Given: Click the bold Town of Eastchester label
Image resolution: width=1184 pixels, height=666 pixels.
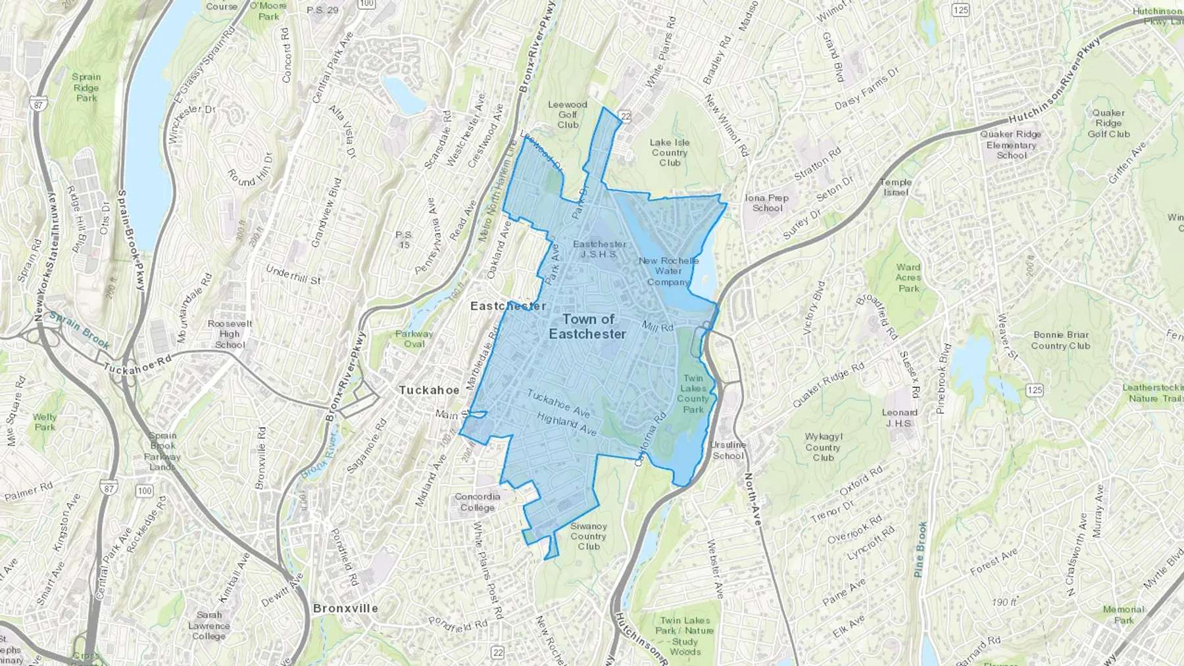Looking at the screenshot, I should point(588,327).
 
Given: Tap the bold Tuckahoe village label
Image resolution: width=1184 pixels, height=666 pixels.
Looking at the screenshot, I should point(429,390).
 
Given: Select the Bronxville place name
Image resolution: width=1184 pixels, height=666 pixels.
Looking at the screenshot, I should point(345,608).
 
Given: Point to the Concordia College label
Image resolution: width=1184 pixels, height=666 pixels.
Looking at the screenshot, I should point(478,502).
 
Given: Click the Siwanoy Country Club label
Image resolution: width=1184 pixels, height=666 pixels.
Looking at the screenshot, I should point(589,536).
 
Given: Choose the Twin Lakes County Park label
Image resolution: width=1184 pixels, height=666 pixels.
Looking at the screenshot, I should point(693,394).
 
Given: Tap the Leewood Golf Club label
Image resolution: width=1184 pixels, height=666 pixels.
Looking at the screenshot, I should point(568,114).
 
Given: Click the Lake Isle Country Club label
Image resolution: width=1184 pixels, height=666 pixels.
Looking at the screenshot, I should point(670,153).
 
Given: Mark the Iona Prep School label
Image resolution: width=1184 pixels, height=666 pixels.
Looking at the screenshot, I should point(767,202).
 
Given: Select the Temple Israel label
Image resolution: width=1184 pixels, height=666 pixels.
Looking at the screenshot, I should point(896,187).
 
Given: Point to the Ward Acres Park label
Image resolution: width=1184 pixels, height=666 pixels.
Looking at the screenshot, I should point(908,277).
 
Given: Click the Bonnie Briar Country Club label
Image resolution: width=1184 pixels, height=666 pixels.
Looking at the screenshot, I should point(1060,340).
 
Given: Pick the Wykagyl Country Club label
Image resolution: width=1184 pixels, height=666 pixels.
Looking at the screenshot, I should point(823,447).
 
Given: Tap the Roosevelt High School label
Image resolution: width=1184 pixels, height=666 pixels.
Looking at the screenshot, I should point(230,334).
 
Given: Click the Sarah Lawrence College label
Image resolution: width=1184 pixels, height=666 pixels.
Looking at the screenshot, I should point(209,625).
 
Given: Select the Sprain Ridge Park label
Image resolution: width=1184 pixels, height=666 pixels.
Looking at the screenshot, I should point(86,87).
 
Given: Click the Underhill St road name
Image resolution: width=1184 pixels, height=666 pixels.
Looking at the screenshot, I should point(293,274).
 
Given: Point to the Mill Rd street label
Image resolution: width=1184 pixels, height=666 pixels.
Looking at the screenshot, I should point(657,326).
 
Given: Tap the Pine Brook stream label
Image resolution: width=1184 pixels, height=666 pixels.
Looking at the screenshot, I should point(920,550).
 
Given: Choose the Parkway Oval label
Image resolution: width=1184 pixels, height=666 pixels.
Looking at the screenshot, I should point(414,339).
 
